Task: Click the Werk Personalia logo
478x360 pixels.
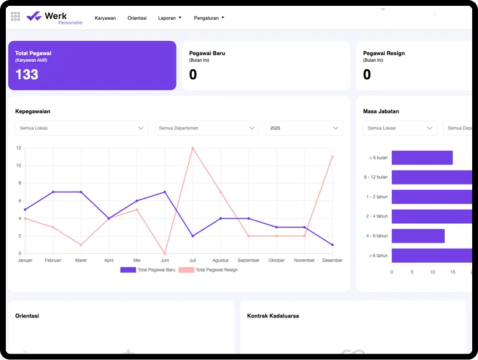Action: point(55,17)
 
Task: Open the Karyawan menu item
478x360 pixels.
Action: point(106,18)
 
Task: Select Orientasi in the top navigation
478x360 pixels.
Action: point(137,18)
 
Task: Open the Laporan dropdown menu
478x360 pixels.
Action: point(170,18)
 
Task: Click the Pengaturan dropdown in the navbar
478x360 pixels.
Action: point(209,18)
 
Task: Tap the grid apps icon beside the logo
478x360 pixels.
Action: point(16,16)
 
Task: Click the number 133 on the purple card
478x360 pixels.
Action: point(27,75)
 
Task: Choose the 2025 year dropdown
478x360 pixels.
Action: point(304,128)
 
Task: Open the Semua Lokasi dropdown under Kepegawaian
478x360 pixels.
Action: point(82,128)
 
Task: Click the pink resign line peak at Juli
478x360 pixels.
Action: point(192,148)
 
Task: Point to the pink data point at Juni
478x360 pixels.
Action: point(165,253)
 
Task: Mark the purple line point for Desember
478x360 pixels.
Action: point(332,245)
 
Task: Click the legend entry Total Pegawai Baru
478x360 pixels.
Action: point(147,270)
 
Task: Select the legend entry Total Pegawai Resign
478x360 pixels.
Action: point(208,270)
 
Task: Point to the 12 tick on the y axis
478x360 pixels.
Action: point(19,148)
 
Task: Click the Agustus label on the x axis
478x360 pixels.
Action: point(220,260)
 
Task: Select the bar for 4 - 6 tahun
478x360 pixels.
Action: point(418,236)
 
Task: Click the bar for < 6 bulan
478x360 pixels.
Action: point(422,158)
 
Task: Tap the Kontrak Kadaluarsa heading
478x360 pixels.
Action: point(273,316)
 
